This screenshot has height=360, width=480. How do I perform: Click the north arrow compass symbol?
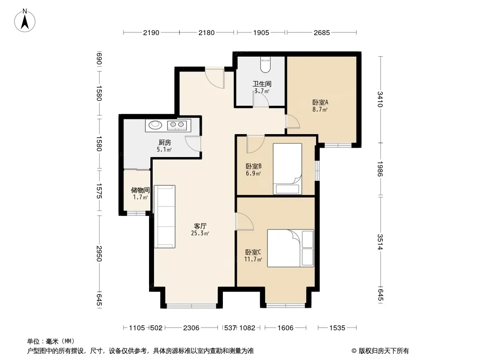click(x=25, y=21)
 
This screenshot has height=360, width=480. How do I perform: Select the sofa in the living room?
click(x=165, y=216)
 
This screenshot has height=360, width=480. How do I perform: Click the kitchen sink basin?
click(x=155, y=125)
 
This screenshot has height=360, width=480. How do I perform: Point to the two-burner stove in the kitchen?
click(x=177, y=125)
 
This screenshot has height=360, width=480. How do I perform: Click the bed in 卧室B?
click(x=287, y=169)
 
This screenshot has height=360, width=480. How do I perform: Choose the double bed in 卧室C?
click(x=290, y=248)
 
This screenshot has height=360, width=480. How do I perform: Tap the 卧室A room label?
click(x=320, y=102)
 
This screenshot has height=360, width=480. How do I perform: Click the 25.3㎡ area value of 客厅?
click(x=200, y=234)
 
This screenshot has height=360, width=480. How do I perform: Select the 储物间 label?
click(x=140, y=190)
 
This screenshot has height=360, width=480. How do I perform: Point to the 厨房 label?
click(x=165, y=142)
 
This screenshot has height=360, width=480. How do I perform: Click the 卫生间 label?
click(x=262, y=84)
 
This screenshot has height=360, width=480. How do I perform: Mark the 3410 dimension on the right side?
click(x=380, y=99)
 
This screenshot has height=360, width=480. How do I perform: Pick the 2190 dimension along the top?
click(x=151, y=32)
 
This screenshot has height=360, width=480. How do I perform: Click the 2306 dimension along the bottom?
click(x=191, y=328)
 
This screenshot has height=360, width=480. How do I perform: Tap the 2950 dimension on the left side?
click(x=99, y=253)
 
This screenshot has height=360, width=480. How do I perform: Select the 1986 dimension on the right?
click(x=380, y=169)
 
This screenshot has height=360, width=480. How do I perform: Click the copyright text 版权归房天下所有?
click(x=384, y=351)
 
